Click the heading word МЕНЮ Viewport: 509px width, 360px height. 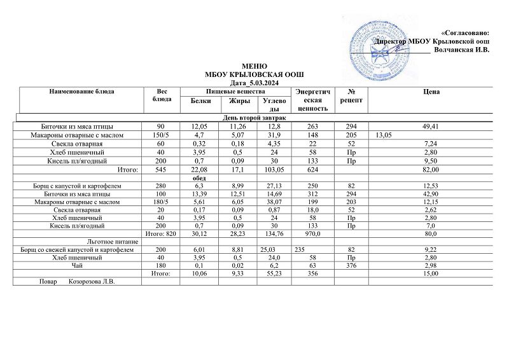pyautogui.click(x=254, y=67)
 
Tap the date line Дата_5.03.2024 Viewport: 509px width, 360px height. pyautogui.click(x=254, y=83)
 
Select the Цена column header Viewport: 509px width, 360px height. pyautogui.click(x=431, y=92)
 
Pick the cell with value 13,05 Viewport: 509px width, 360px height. pyautogui.click(x=385, y=135)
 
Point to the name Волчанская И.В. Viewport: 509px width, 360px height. pyautogui.click(x=461, y=50)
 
